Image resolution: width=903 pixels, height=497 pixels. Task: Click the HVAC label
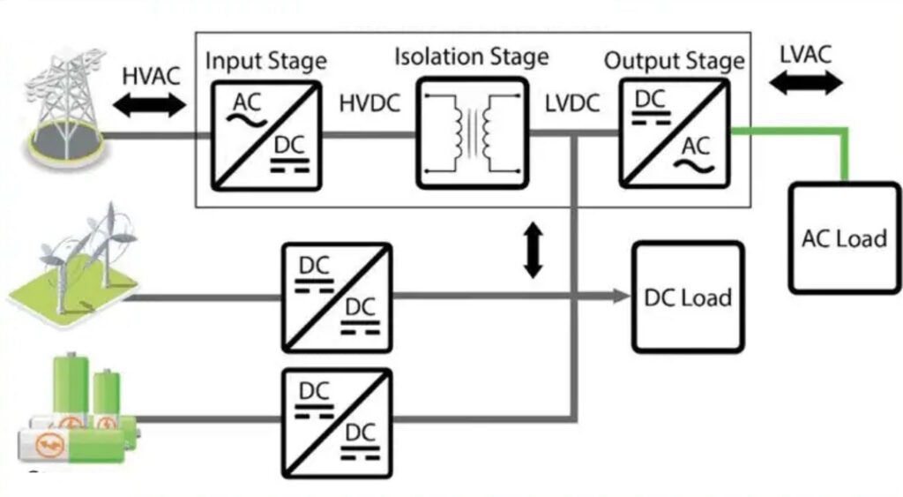pyautogui.click(x=151, y=76)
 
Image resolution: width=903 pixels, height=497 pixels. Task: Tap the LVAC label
pyautogui.click(x=806, y=55)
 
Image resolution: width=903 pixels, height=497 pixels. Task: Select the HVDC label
pyautogui.click(x=369, y=103)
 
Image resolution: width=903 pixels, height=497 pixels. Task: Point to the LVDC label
pyautogui.click(x=572, y=103)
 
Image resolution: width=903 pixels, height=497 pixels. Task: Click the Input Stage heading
pyautogui.click(x=266, y=61)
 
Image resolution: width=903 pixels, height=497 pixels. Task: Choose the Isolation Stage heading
pyautogui.click(x=472, y=56)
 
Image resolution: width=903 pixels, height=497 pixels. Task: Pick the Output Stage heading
pyautogui.click(x=675, y=61)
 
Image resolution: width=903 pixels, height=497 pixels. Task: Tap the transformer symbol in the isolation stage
pyautogui.click(x=473, y=133)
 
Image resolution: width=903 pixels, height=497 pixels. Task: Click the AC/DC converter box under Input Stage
pyautogui.click(x=266, y=135)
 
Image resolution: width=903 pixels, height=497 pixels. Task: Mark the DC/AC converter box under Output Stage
pyautogui.click(x=675, y=133)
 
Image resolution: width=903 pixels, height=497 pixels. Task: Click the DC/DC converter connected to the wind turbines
pyautogui.click(x=337, y=297)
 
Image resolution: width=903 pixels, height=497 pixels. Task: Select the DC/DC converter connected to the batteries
pyautogui.click(x=337, y=424)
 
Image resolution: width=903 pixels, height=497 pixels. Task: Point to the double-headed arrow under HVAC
pyautogui.click(x=150, y=104)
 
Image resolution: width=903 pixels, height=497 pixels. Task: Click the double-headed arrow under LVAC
pyautogui.click(x=806, y=82)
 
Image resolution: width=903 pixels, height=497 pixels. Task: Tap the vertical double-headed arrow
pyautogui.click(x=534, y=250)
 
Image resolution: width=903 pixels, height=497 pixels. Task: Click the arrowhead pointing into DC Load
pyautogui.click(x=622, y=297)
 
